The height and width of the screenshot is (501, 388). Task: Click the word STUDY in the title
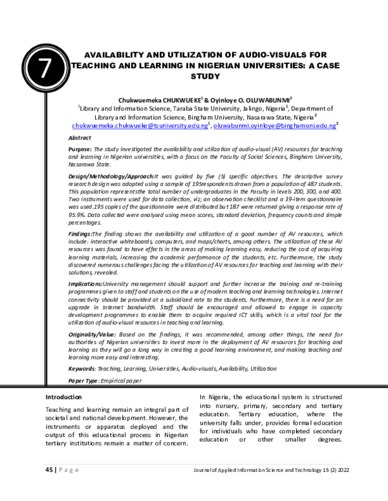point(204,76)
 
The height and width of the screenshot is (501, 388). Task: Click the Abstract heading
point(80,138)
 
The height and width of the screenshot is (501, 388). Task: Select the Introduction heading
point(63,396)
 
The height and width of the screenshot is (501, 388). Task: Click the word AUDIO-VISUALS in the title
point(274,56)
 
